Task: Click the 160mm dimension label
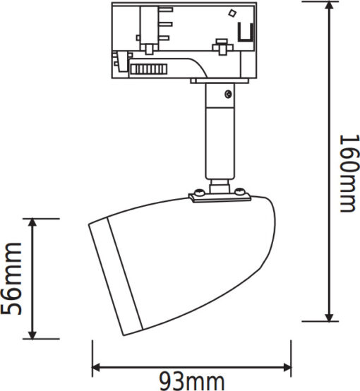click(x=349, y=174)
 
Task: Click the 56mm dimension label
click(x=11, y=278)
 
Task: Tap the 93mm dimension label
click(x=191, y=381)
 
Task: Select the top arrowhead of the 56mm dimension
click(x=32, y=224)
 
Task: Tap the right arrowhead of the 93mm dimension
click(x=286, y=367)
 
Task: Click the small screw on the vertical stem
click(x=228, y=94)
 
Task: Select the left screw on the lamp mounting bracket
click(x=200, y=192)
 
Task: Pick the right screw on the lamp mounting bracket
click(x=240, y=191)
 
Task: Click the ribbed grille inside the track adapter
click(x=149, y=69)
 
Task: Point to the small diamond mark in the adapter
click(x=232, y=13)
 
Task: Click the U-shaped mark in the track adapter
click(x=246, y=32)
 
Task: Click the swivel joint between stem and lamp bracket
click(x=220, y=186)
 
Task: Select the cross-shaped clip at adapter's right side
click(x=222, y=47)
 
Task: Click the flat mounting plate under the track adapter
click(x=220, y=80)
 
